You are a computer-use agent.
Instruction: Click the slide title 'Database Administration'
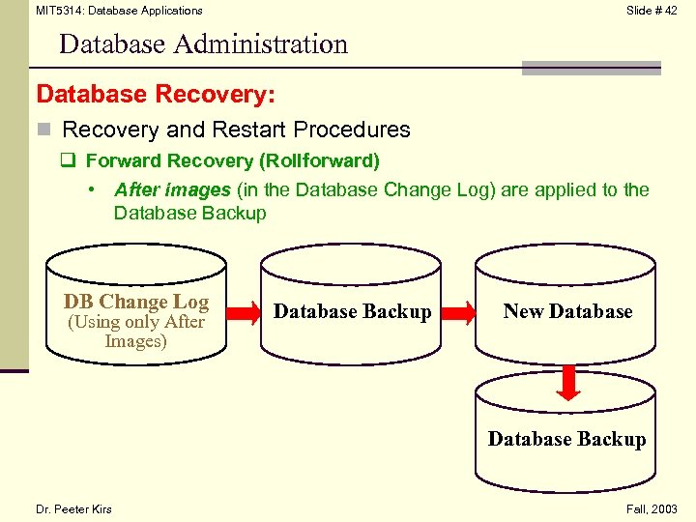click(x=203, y=44)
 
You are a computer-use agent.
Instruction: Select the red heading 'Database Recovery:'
click(x=156, y=95)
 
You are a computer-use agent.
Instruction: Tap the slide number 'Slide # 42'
click(x=652, y=11)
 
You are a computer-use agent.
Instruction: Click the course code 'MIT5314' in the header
click(x=57, y=11)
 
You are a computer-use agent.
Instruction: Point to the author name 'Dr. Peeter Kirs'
click(x=73, y=509)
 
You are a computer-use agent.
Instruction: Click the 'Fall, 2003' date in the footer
click(x=652, y=509)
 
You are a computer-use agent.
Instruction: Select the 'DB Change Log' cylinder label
click(x=135, y=302)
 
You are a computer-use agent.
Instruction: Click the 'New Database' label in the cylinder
click(x=567, y=311)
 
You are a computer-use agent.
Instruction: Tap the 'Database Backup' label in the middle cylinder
click(x=353, y=311)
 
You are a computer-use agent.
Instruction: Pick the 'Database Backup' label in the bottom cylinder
click(x=566, y=439)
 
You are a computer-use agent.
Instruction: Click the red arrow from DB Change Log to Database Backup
click(x=238, y=312)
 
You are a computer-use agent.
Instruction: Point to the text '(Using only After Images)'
click(x=135, y=332)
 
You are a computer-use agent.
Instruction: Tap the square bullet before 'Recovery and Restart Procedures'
click(x=43, y=130)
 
